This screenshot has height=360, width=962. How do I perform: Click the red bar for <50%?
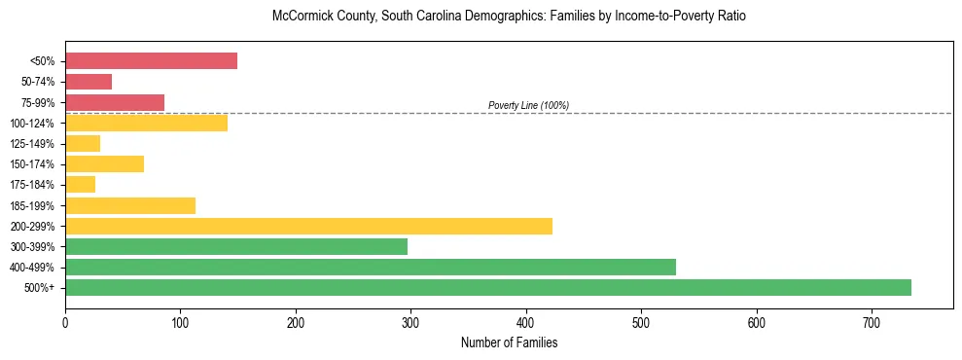coord(151,61)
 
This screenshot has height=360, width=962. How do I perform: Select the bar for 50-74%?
coord(89,82)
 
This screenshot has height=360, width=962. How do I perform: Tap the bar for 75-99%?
coord(115,102)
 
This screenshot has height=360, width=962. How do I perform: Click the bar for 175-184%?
coord(80,184)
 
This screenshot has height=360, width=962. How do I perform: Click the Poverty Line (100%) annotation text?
coord(528,105)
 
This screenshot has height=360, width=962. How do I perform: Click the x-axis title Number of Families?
coord(509,342)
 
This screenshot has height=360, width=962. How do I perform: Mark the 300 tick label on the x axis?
coord(410,322)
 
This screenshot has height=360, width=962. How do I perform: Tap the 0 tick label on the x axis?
coord(65,322)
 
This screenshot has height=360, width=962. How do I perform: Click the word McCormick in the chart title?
coord(302,18)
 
